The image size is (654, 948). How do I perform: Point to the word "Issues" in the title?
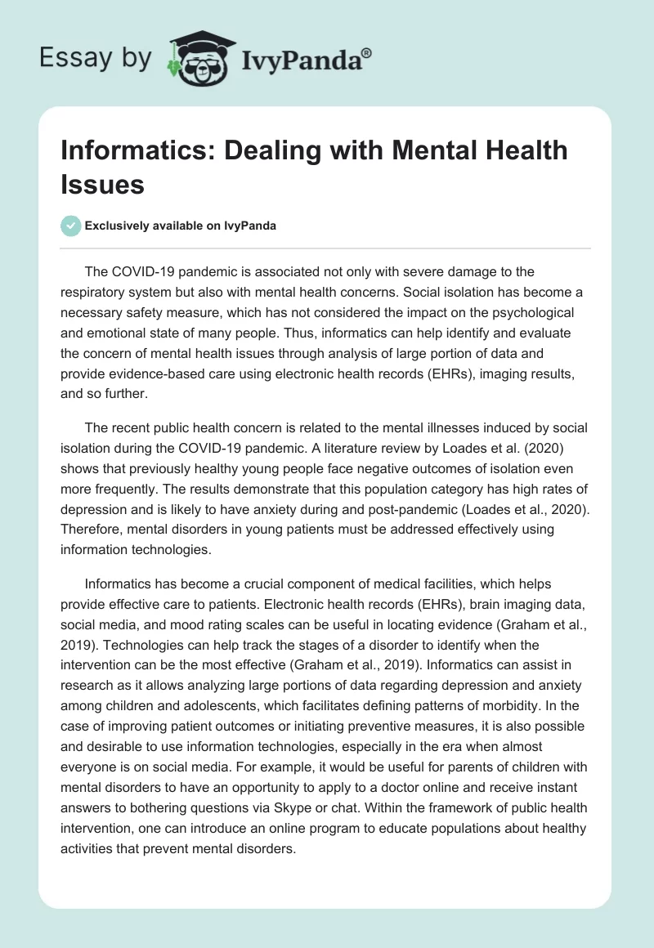[x=102, y=184]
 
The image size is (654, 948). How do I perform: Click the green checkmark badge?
[x=71, y=226]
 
